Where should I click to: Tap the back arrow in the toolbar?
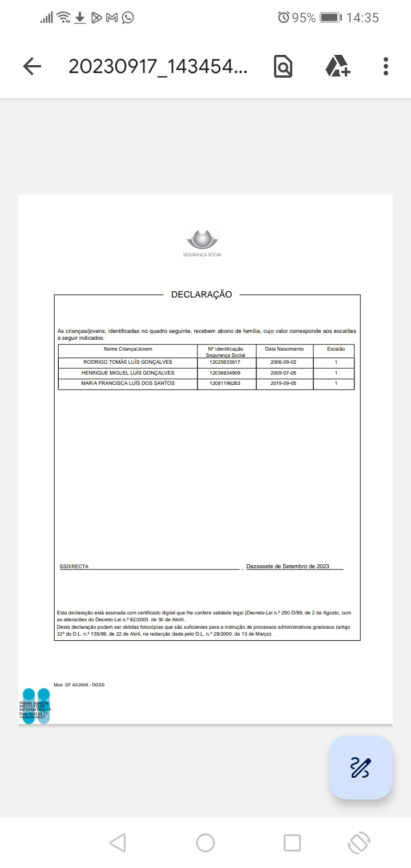point(32,66)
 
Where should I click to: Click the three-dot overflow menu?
point(386,66)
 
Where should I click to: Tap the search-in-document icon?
point(283,66)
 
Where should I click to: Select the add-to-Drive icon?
point(338,66)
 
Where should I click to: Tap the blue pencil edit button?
point(360,767)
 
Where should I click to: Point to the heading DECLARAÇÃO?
point(202,295)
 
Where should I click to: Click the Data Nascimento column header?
point(284,349)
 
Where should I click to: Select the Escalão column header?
point(336,349)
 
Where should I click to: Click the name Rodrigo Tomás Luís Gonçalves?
point(128,362)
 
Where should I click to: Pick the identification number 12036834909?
point(225,373)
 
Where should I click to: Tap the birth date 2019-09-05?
point(284,383)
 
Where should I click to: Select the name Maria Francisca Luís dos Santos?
point(128,383)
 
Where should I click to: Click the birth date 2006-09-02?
point(284,362)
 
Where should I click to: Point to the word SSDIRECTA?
point(74,566)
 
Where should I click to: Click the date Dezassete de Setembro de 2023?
point(288,566)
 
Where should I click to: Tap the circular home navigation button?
point(205,842)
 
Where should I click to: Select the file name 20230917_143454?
point(158,66)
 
